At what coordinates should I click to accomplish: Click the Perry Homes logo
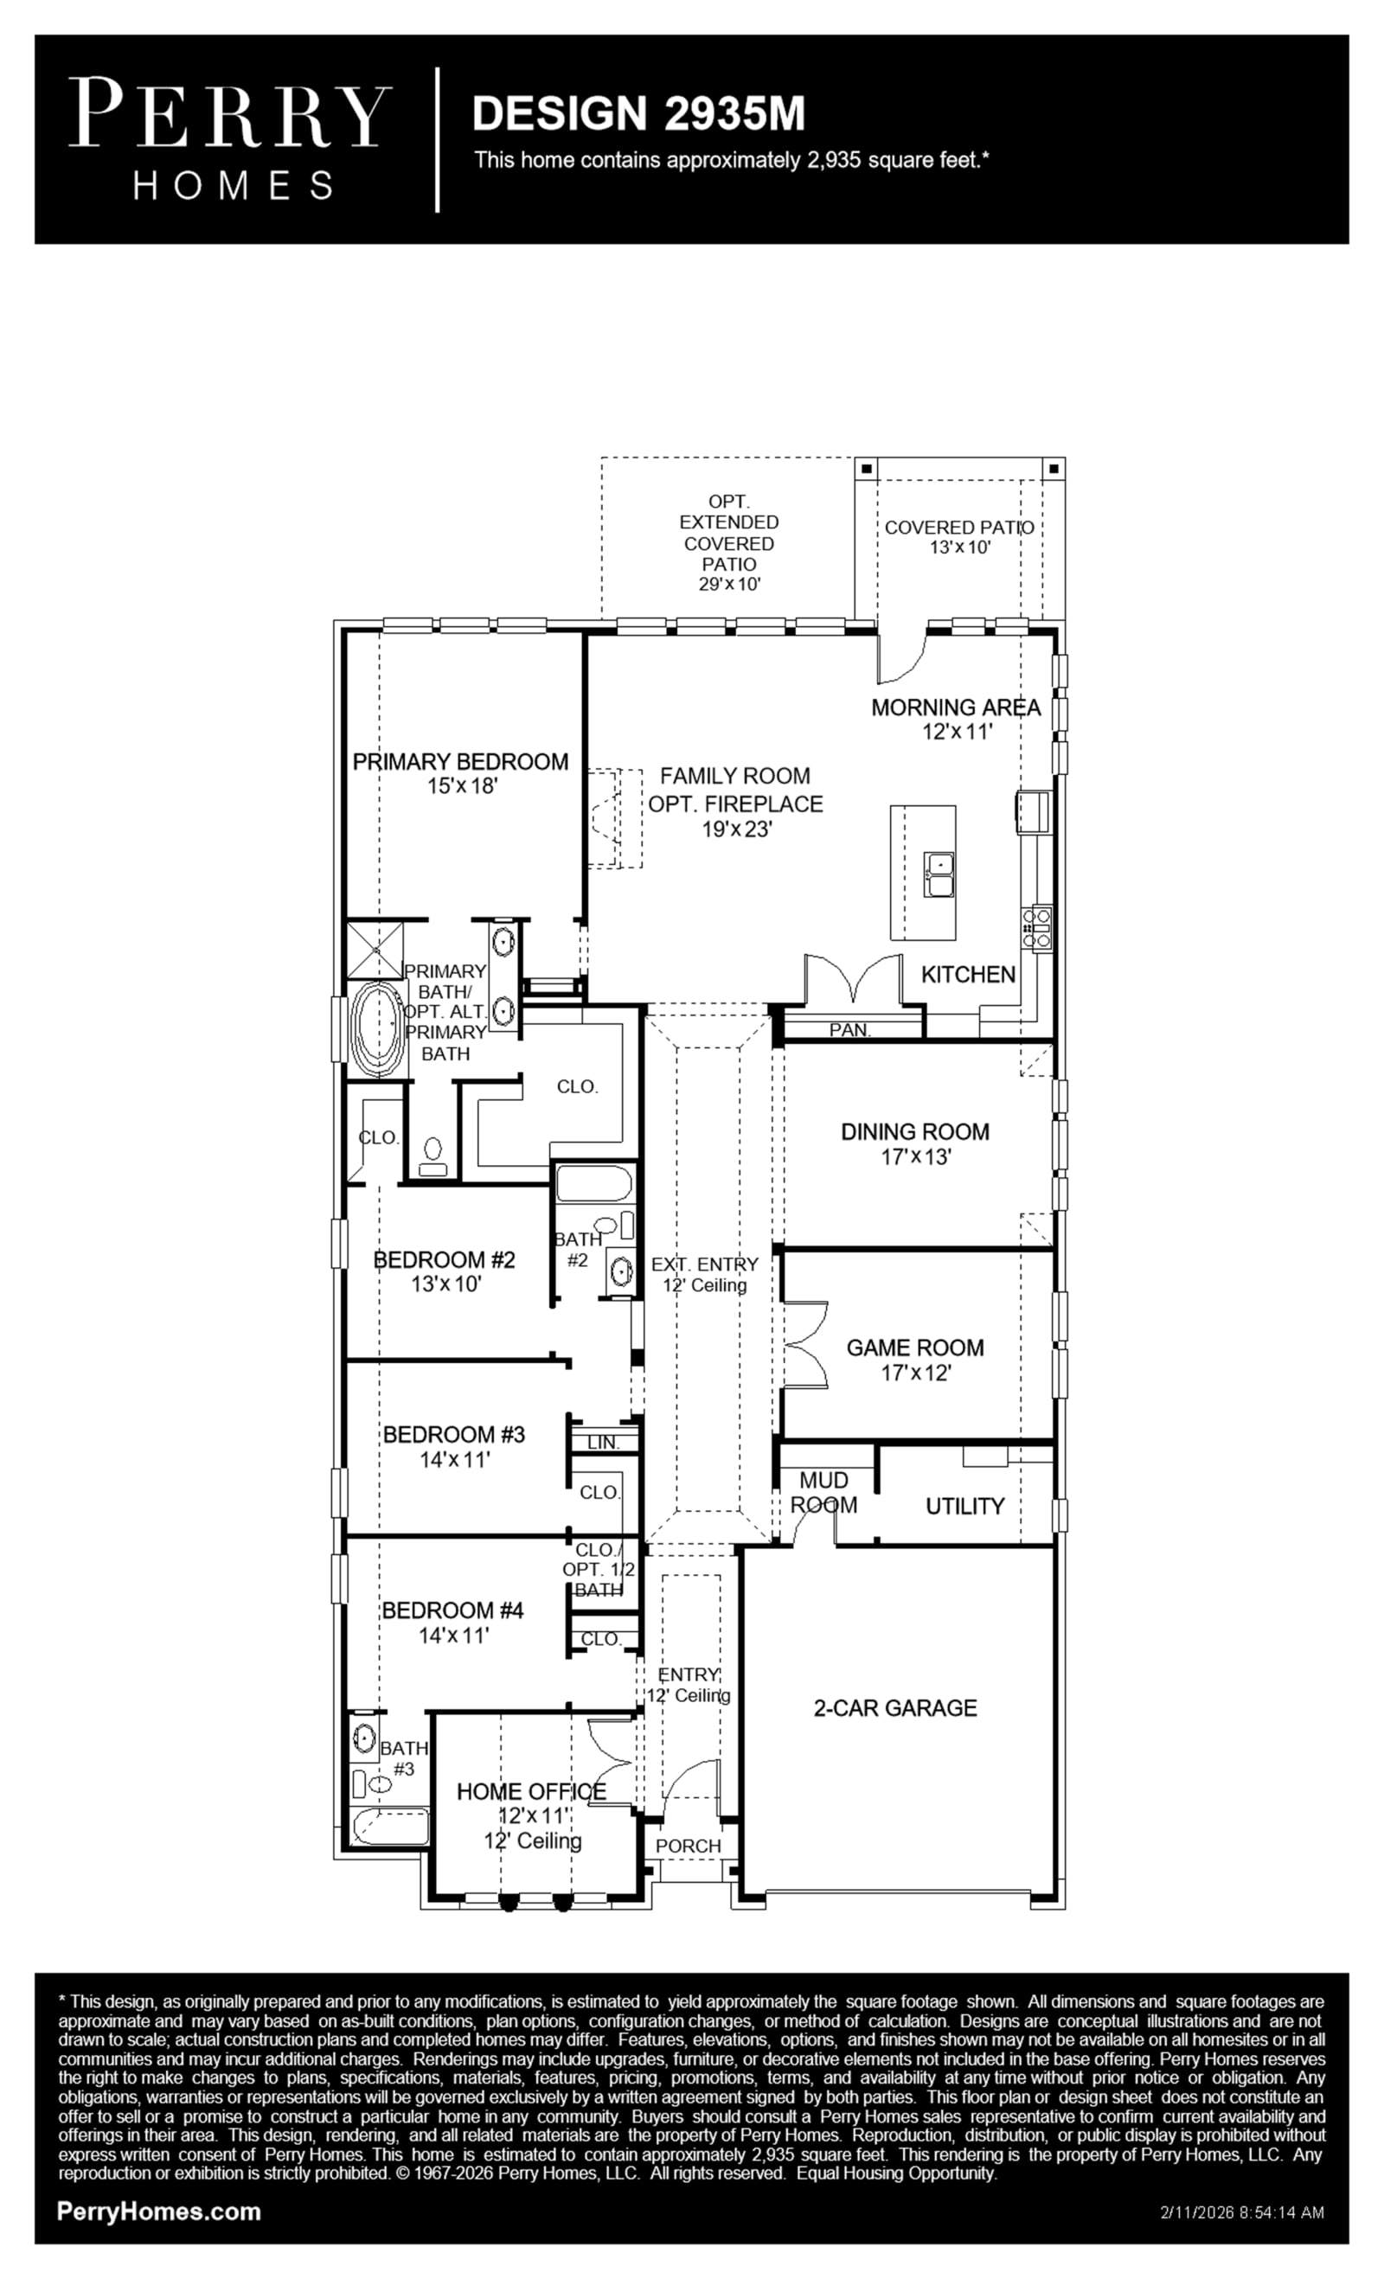[x=230, y=138]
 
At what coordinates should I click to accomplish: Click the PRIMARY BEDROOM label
[x=461, y=761]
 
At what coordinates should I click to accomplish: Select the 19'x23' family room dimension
[x=736, y=829]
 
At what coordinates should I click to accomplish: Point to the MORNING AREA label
[x=956, y=707]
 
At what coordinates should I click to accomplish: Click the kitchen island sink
[x=940, y=874]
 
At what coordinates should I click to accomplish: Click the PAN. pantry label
[x=849, y=1029]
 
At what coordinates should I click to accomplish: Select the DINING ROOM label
[x=915, y=1131]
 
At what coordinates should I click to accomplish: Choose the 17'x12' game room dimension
[x=916, y=1373]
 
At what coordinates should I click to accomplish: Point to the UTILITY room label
[x=965, y=1506]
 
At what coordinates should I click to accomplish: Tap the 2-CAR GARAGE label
[x=895, y=1707]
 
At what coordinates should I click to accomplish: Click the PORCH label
[x=689, y=1845]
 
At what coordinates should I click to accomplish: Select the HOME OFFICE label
[x=531, y=1791]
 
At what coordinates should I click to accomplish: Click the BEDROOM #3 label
[x=454, y=1434]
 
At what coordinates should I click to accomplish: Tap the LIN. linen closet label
[x=602, y=1442]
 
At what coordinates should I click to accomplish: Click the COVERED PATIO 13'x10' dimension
[x=960, y=547]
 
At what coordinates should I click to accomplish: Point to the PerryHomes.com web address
[x=159, y=2212]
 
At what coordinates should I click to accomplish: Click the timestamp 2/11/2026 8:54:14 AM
[x=1241, y=2212]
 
